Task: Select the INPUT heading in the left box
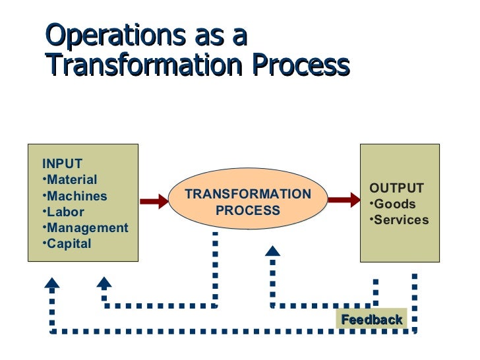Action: click(x=62, y=164)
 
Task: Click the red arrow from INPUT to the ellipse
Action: click(x=155, y=202)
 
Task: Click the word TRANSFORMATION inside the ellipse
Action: click(x=248, y=195)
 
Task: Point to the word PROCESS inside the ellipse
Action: click(x=248, y=211)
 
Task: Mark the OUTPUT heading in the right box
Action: click(x=396, y=187)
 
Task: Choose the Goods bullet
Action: click(x=393, y=204)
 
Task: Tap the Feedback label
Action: click(x=371, y=320)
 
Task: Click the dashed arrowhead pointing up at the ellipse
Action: click(x=272, y=251)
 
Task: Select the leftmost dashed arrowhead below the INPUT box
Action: click(x=52, y=283)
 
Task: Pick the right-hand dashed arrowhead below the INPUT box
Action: click(x=104, y=283)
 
